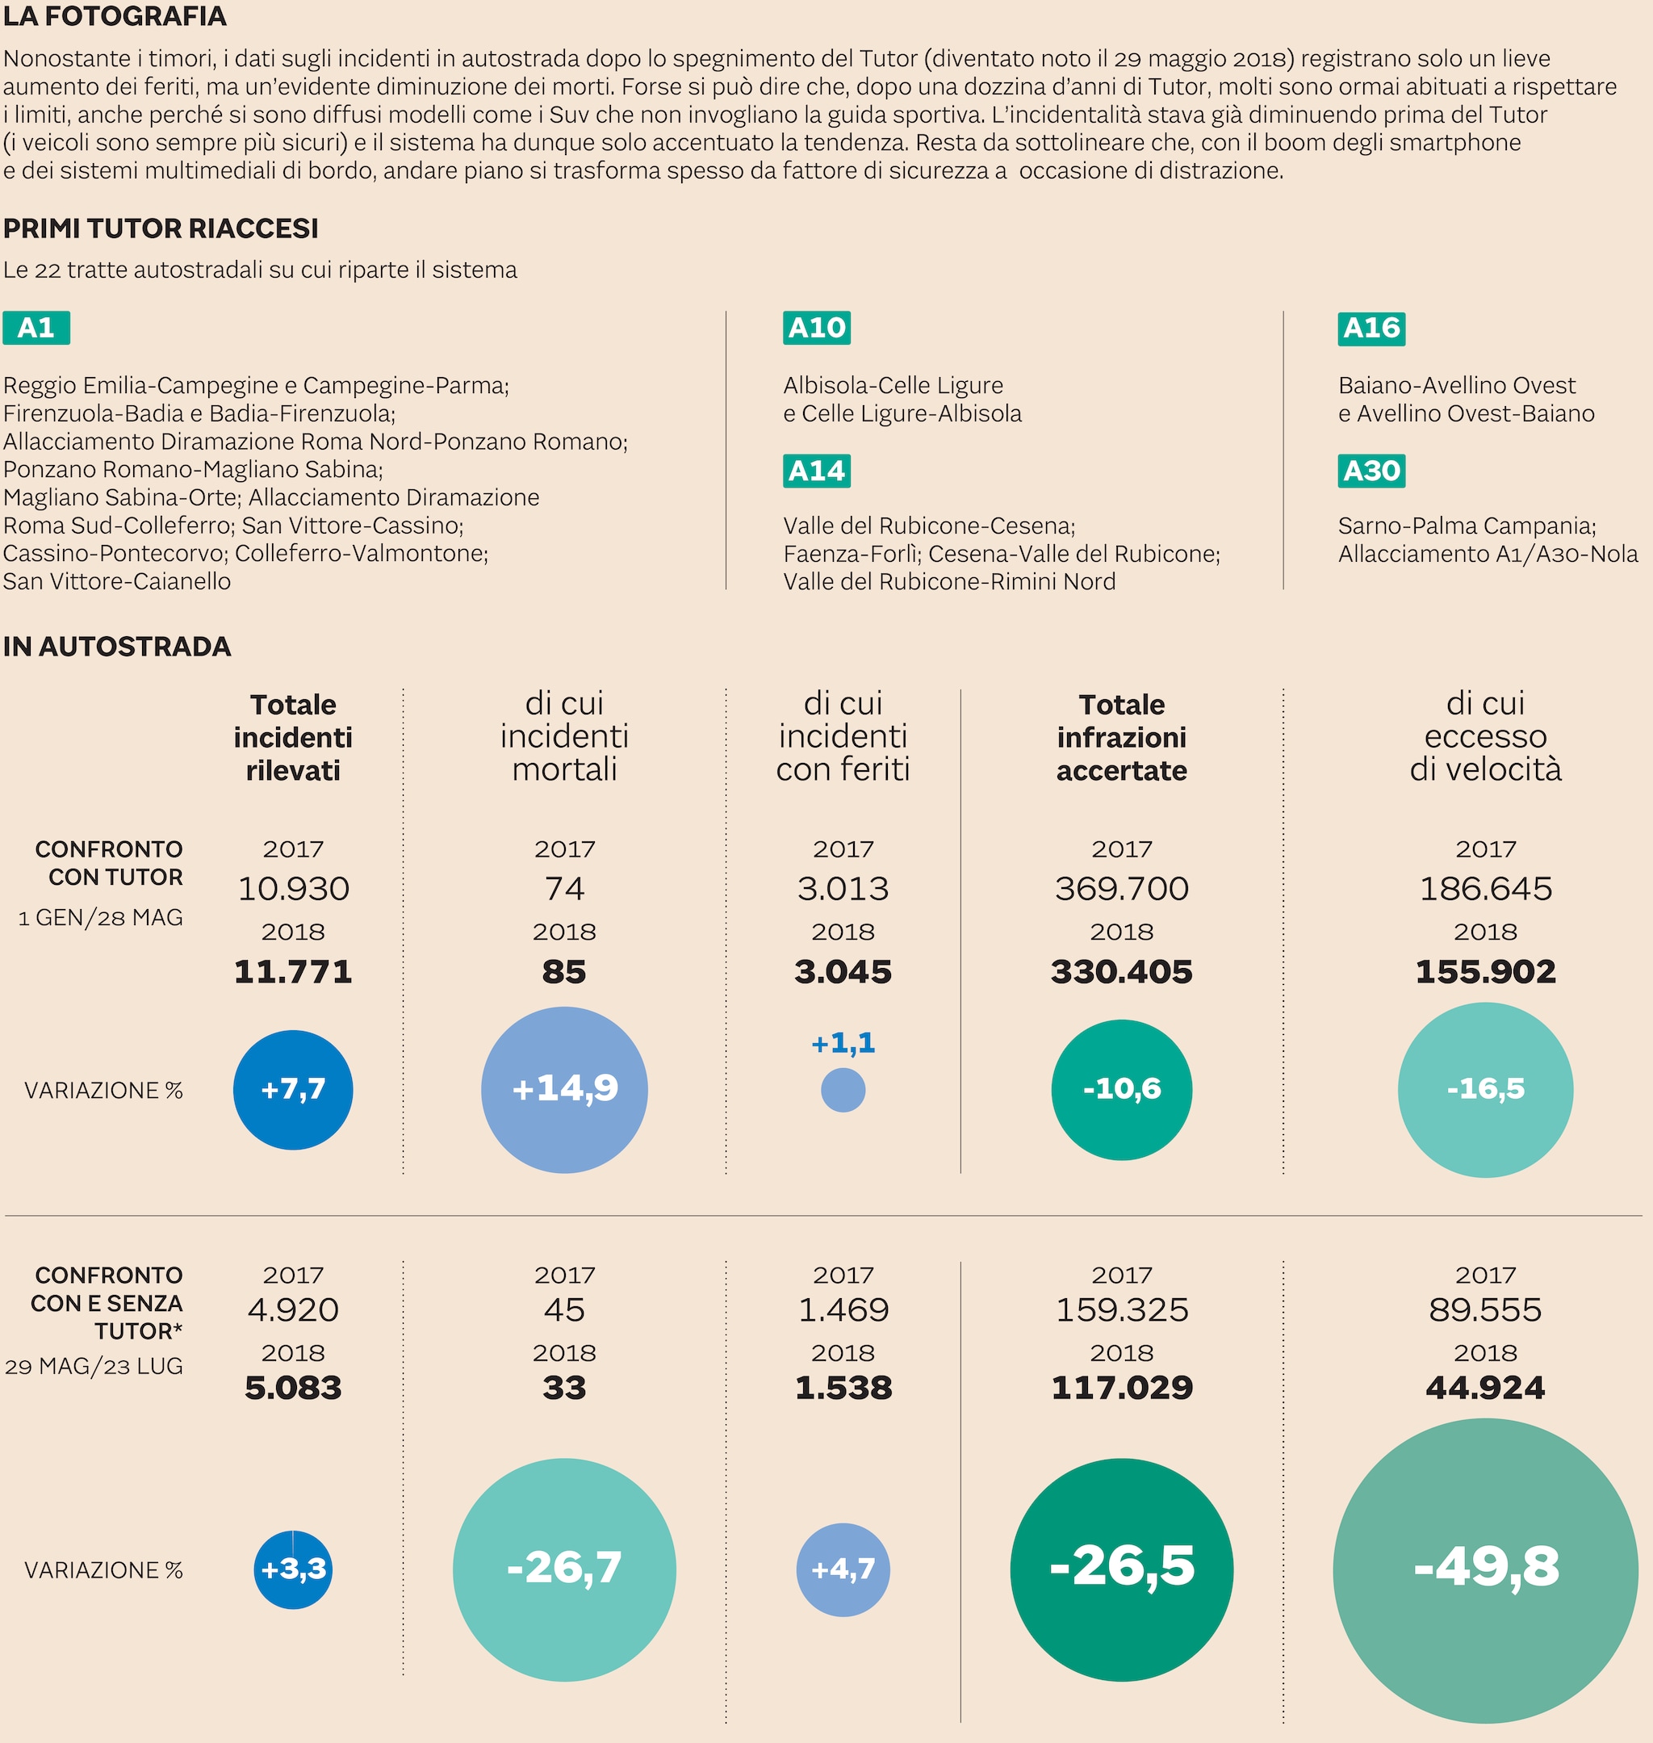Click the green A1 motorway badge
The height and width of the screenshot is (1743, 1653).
36,328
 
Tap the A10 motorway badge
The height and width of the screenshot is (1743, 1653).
816,328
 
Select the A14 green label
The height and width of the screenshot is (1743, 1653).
816,471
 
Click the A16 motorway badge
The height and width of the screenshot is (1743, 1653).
1371,328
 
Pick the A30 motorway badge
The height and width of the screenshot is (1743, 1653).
1371,471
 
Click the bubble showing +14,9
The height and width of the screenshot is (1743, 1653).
564,1089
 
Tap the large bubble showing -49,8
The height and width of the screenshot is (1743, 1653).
1486,1569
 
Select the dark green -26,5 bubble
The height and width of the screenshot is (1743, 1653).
1122,1569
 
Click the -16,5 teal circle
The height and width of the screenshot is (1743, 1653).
1486,1089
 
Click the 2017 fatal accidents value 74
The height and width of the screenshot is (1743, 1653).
564,888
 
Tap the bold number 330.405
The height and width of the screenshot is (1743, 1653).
1122,972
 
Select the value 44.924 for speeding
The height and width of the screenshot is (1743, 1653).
1486,1388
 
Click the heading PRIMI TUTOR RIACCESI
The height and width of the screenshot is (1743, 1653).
161,229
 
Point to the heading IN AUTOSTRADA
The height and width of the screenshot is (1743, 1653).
117,647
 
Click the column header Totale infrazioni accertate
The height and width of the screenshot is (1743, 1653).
1122,738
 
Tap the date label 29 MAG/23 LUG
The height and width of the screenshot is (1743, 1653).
94,1367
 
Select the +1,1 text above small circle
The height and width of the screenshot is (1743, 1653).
843,1043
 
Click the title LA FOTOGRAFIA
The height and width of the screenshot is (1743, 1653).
115,16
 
